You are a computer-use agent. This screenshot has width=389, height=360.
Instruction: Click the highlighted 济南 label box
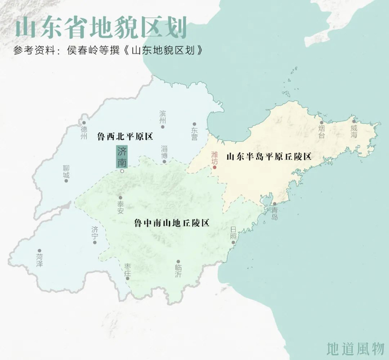click(122, 157)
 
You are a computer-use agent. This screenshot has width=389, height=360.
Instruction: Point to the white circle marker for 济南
click(122, 172)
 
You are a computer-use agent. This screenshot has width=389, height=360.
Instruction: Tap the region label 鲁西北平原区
click(124, 136)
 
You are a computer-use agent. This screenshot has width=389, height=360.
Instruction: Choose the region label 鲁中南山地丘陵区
click(172, 223)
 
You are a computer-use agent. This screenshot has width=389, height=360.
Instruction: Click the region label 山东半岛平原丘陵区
click(268, 157)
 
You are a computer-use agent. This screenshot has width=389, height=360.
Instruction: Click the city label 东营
click(194, 134)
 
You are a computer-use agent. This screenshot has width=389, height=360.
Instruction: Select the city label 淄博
click(164, 152)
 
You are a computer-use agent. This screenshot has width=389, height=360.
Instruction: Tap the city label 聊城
click(67, 171)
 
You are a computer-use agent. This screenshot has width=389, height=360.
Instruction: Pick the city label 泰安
click(121, 208)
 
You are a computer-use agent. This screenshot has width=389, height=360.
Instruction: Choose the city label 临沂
click(178, 271)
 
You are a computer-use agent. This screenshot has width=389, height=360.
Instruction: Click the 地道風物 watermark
click(356, 348)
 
